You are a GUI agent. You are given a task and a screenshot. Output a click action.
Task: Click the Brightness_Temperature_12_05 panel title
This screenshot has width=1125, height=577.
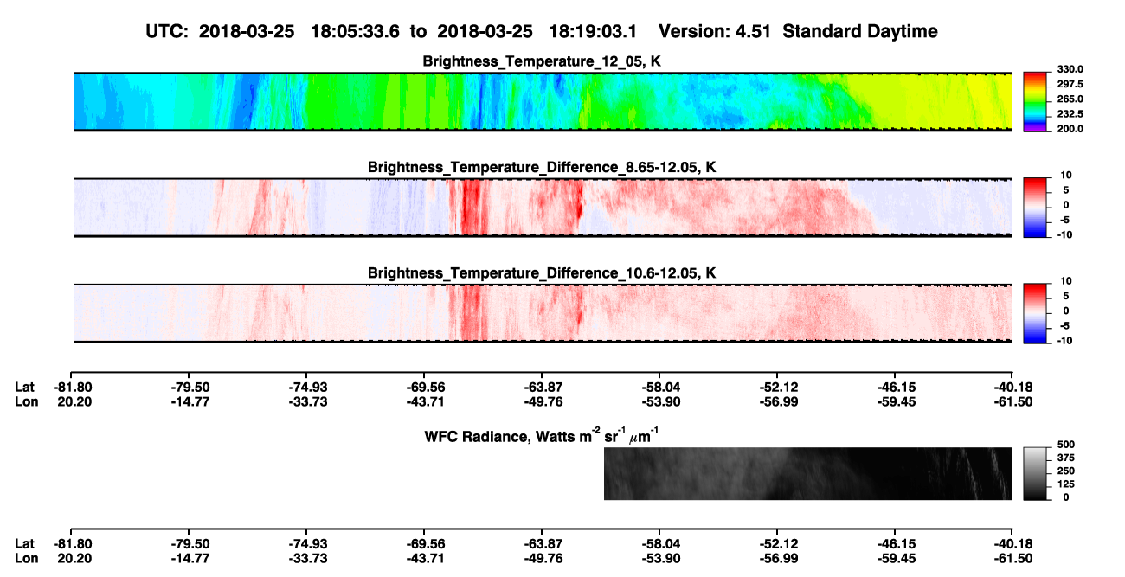tap(542, 61)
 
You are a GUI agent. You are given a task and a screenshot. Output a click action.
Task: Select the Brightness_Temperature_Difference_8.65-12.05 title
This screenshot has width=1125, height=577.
tap(542, 167)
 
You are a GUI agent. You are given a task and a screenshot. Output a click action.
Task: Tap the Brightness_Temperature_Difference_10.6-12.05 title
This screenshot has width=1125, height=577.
tap(542, 273)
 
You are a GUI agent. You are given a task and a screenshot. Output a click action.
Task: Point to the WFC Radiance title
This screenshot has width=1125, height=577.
tap(542, 435)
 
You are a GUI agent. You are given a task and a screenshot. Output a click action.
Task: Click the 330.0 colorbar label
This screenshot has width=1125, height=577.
tap(1070, 69)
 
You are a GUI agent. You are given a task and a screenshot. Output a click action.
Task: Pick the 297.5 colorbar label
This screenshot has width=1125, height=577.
tap(1070, 84)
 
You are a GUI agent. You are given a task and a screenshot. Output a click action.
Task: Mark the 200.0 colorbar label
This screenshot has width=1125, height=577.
tap(1070, 129)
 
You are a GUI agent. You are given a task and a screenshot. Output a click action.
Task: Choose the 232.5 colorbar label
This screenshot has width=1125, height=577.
tap(1070, 114)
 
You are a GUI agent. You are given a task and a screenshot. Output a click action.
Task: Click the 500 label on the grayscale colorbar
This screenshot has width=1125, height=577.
tap(1066, 445)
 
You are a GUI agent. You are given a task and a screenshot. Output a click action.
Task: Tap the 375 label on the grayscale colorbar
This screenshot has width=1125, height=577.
tap(1066, 458)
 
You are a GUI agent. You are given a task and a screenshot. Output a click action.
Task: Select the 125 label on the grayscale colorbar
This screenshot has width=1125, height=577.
tap(1066, 484)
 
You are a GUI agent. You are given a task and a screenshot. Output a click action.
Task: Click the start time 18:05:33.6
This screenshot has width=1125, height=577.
tap(355, 32)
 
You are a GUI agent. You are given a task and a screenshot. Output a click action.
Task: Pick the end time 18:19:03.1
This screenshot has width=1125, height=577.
tap(593, 32)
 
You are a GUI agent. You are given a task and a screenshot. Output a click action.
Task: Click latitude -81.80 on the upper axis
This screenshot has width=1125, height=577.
tap(73, 388)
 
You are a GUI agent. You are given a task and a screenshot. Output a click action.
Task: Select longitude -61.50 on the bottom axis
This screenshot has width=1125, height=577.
tap(1013, 559)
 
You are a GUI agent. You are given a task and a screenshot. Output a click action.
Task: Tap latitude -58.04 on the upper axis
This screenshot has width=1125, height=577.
tap(661, 388)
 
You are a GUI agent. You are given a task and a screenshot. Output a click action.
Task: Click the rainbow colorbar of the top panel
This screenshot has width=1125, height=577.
tap(1035, 102)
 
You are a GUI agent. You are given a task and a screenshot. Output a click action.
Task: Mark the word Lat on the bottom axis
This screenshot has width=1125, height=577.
tap(24, 544)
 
